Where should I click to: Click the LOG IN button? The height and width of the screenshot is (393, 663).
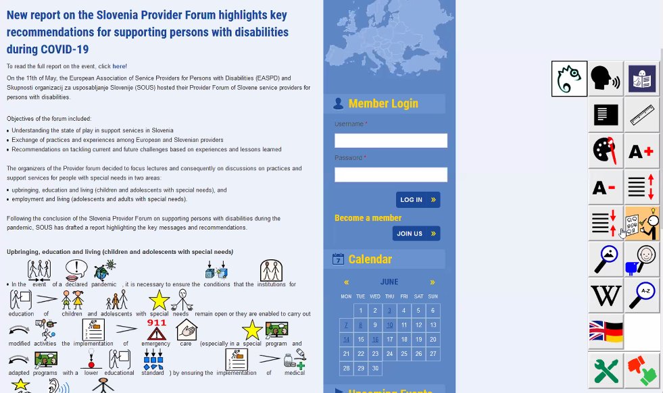pos(418,200)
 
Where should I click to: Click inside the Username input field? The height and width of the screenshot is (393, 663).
pos(391,140)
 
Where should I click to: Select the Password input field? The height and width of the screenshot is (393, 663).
pos(391,175)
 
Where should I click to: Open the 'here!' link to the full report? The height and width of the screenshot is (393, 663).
pos(120,66)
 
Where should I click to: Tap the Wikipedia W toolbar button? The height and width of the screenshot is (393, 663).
pos(606,295)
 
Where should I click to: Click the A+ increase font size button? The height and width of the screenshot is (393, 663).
pos(641,152)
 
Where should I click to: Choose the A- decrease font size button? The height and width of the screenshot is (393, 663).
pos(606,188)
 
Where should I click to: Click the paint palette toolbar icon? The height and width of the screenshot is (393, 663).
pos(606,151)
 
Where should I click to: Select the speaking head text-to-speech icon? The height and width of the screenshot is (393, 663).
pos(606,79)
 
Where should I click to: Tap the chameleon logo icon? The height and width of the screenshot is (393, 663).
pos(569,79)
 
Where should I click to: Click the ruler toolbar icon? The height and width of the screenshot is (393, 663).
pos(641,115)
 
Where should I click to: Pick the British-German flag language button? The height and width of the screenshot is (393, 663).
pos(606,332)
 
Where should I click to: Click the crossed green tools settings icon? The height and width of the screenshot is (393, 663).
pos(606,370)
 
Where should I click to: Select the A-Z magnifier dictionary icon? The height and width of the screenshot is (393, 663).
pos(641,295)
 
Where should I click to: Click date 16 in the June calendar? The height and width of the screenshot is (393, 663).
pos(375,340)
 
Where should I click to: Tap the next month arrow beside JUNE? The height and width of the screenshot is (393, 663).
pos(433,282)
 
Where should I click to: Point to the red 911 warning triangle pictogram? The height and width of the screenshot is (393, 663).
pos(157,329)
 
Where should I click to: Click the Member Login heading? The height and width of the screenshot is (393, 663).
pos(383,104)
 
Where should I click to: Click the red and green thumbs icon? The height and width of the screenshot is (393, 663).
pos(641,370)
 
